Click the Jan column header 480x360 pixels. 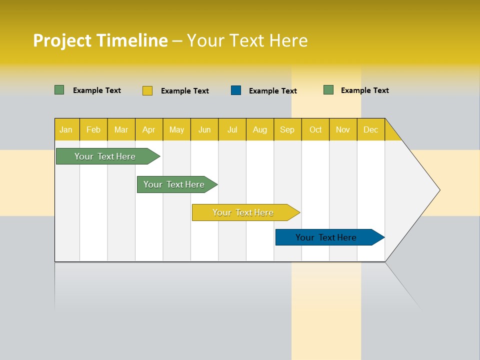(x=66, y=129)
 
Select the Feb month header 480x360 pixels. (x=93, y=129)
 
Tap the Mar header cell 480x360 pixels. (x=121, y=129)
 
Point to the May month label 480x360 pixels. (x=176, y=129)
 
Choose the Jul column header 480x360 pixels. (x=232, y=129)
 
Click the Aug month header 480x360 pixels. (x=259, y=129)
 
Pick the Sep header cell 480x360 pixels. (x=287, y=129)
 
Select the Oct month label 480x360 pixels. (x=315, y=129)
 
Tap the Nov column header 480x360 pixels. (x=343, y=129)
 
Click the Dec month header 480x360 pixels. (x=370, y=129)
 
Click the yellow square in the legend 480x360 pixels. (x=147, y=90)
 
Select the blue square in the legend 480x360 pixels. (x=236, y=90)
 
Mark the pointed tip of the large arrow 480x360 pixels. (x=438, y=190)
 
